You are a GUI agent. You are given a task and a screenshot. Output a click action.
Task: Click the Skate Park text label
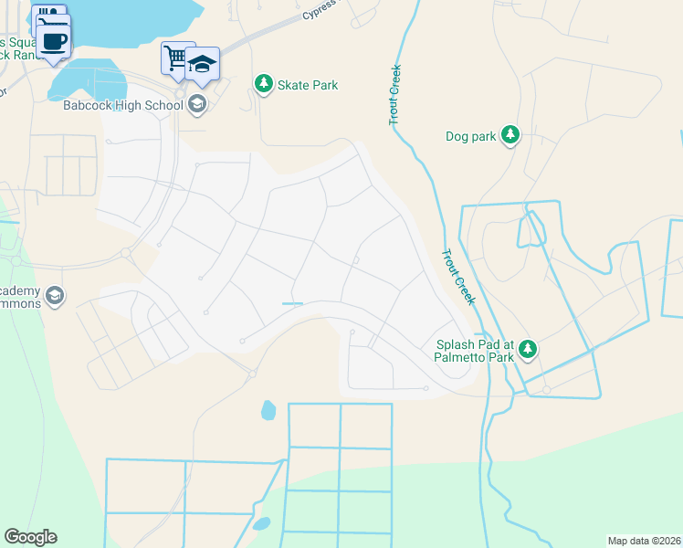(x=310, y=85)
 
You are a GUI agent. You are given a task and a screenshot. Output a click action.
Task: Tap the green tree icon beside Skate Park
(x=264, y=85)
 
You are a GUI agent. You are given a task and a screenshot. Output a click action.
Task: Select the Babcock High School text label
(x=123, y=105)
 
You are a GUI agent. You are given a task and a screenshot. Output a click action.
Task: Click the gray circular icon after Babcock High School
(x=196, y=105)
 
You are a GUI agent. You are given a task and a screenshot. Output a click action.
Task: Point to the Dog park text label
(x=470, y=137)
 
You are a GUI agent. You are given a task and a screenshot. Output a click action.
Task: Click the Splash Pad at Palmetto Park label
(x=473, y=350)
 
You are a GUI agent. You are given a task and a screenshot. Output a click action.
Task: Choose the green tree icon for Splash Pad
(x=528, y=350)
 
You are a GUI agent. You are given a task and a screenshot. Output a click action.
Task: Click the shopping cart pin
(x=175, y=58)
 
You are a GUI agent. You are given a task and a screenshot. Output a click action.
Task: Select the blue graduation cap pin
(x=202, y=64)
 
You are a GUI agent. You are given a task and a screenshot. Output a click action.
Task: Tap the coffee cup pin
(x=54, y=42)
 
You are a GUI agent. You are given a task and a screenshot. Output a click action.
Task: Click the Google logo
(x=30, y=537)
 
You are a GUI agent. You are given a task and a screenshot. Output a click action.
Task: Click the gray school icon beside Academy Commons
(x=54, y=296)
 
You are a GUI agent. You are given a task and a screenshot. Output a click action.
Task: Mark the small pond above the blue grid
(x=268, y=410)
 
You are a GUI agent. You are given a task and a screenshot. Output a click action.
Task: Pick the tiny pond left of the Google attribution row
(x=261, y=524)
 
